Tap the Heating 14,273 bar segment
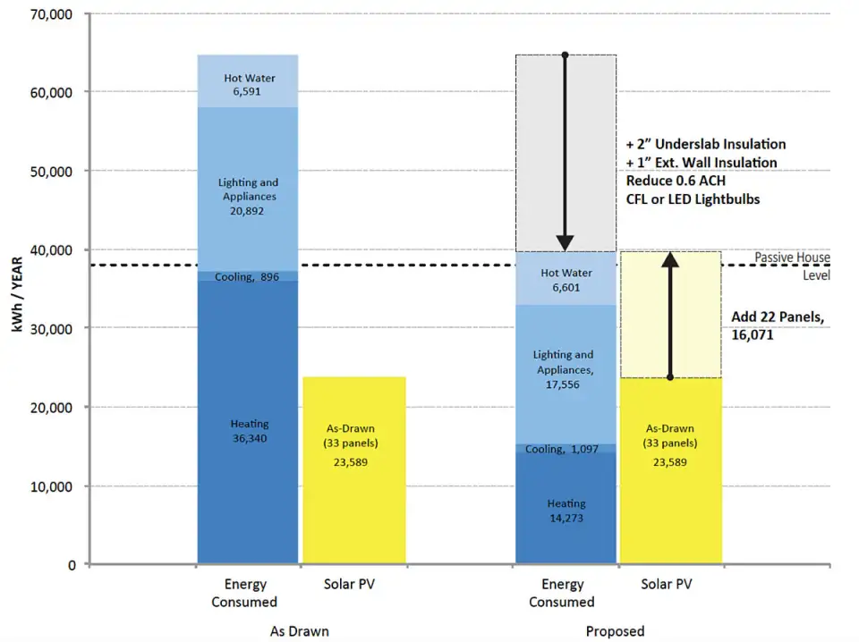566,510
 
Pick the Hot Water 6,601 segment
566,280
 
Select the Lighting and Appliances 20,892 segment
248,197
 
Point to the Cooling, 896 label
247,277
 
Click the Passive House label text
792,258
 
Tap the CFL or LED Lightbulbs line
693,199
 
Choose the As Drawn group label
299,631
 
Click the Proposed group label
616,631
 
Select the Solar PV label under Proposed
667,585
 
